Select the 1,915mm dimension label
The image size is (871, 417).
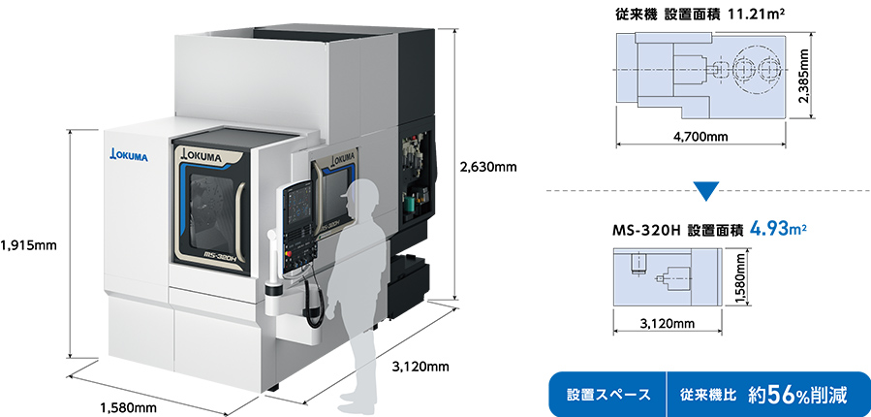pyautogui.click(x=30, y=245)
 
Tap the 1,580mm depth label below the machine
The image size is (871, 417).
pyautogui.click(x=130, y=407)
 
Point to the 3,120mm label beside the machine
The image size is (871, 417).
pyautogui.click(x=420, y=367)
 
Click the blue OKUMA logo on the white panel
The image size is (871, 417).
pyautogui.click(x=129, y=155)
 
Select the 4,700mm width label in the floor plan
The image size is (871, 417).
pyautogui.click(x=699, y=137)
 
